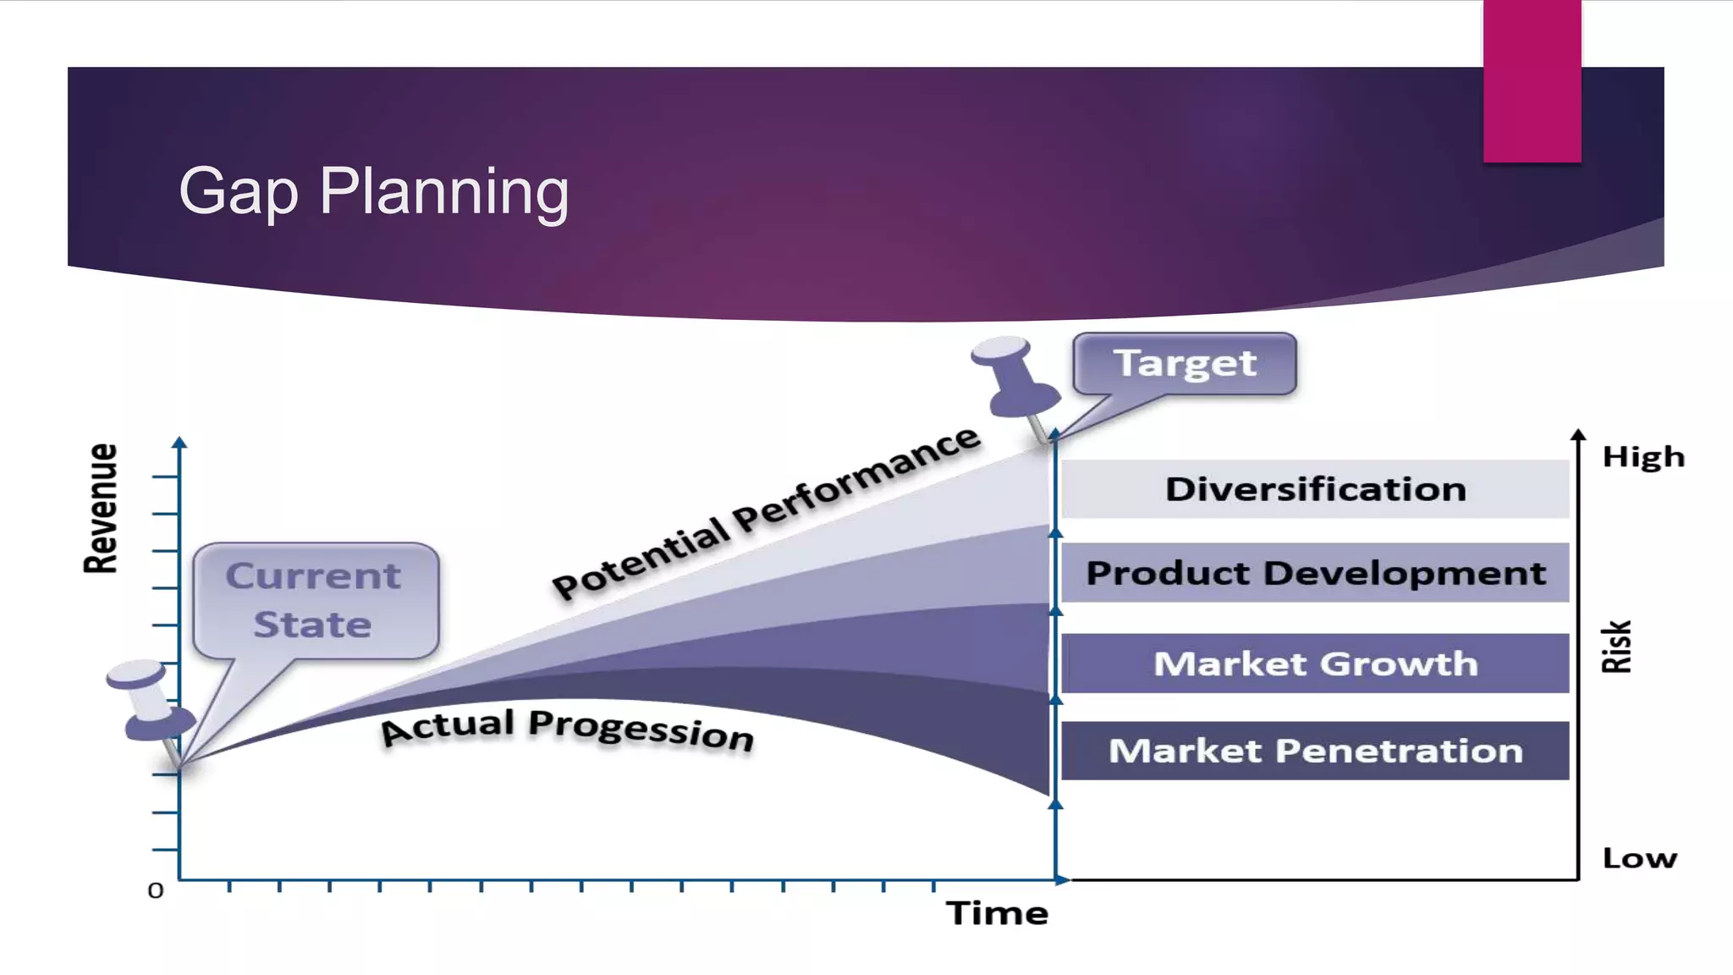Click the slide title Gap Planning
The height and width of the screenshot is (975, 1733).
373,192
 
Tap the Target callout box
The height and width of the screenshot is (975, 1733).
1184,364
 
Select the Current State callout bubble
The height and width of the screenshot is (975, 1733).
315,600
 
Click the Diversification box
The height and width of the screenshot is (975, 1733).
1315,489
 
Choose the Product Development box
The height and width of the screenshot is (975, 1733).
1315,573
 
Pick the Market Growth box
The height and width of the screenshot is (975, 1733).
1315,664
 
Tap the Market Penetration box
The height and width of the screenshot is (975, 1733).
1315,751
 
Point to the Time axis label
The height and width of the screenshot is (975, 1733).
997,913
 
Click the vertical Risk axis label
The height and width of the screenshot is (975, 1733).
1616,647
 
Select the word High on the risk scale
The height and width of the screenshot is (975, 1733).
1642,457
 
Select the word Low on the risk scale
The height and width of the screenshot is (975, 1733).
1639,858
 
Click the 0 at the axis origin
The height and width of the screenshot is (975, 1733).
156,890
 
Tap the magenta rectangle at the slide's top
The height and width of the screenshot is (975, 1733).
1532,80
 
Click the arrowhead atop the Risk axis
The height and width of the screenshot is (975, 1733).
1578,435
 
